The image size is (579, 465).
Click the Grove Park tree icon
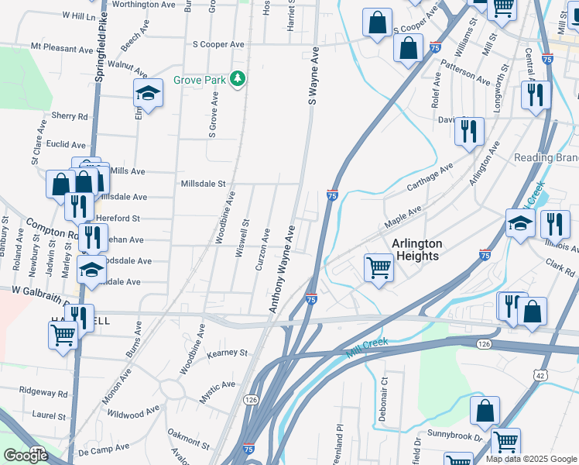240,79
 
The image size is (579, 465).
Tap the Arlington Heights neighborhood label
416,250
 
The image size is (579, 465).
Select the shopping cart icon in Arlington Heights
379,268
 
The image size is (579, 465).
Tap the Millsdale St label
203,184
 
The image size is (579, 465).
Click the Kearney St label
228,353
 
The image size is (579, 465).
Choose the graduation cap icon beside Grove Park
148,94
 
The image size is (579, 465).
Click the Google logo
26,456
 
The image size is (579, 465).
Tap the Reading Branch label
546,157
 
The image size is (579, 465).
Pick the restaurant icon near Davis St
469,133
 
